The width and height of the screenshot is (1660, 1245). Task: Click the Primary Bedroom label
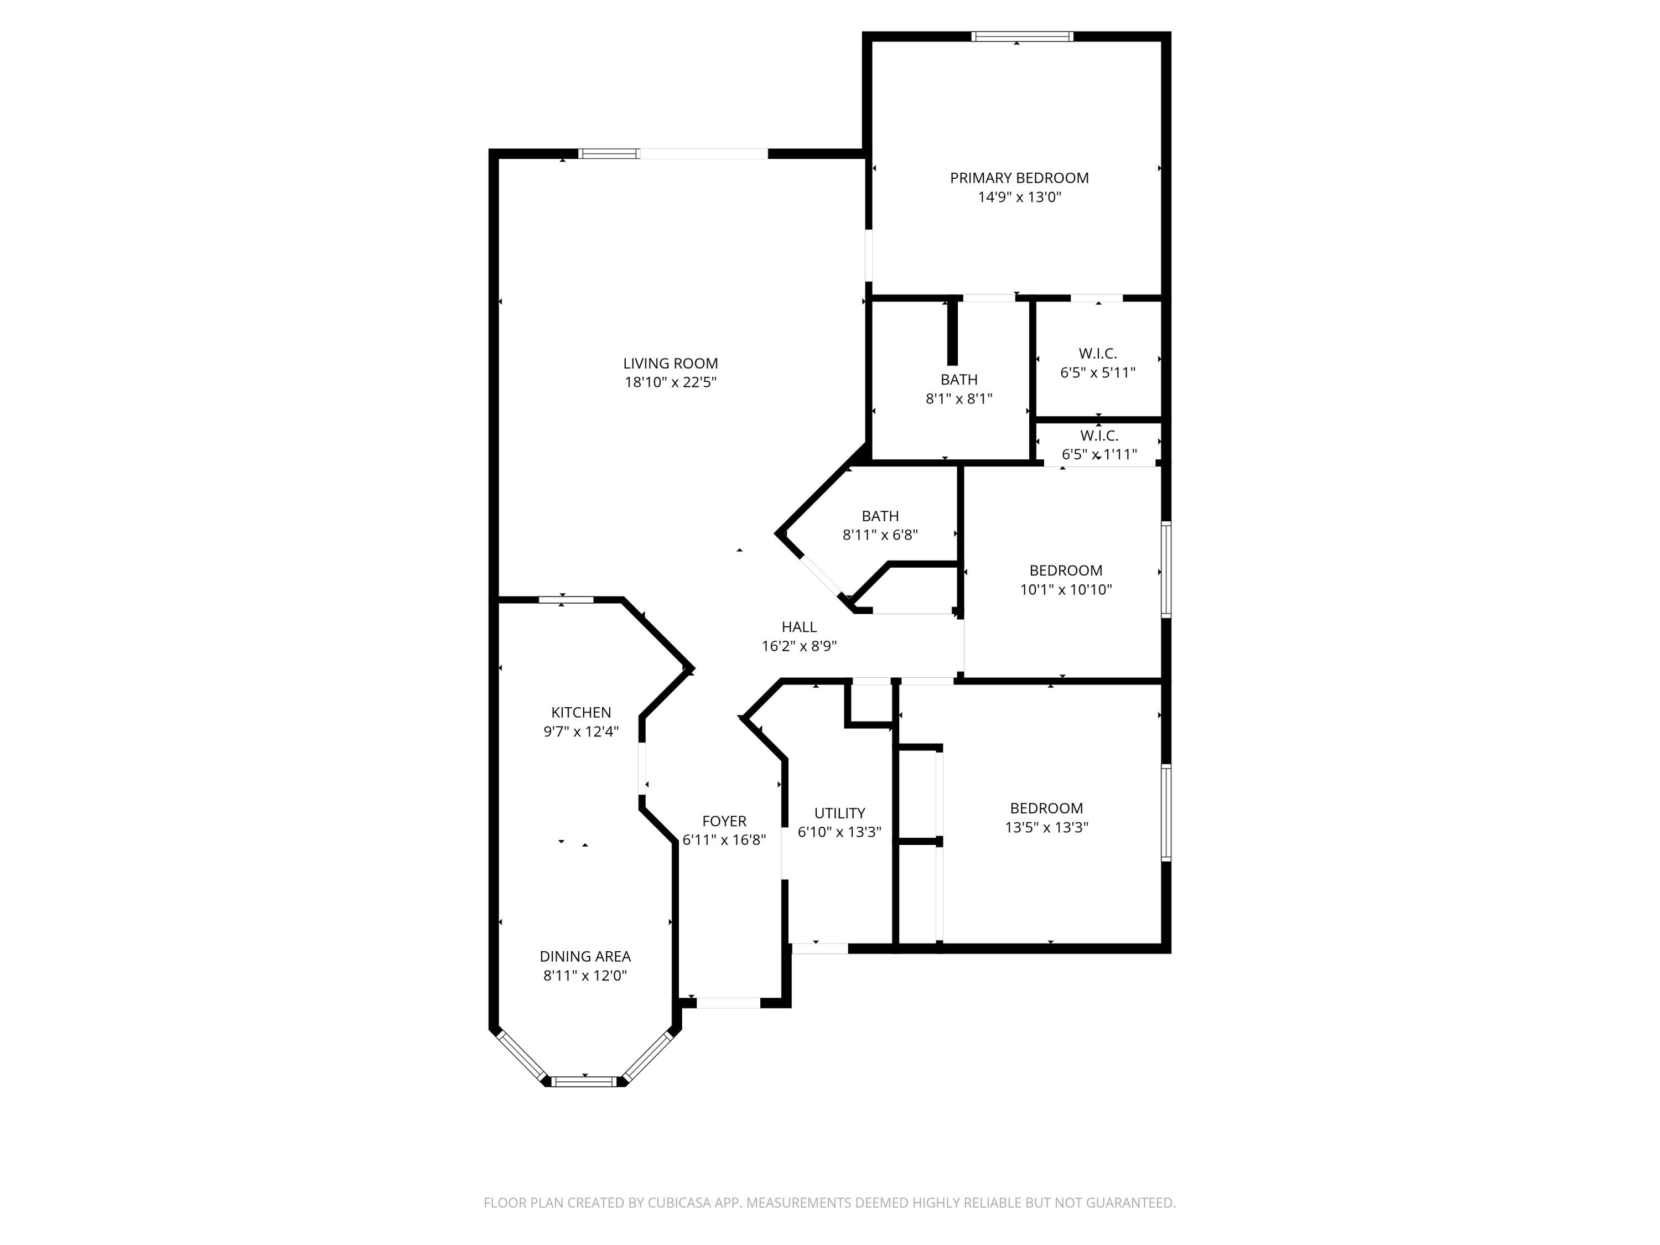tap(1019, 178)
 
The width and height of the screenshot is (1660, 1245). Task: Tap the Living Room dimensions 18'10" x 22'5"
tap(670, 382)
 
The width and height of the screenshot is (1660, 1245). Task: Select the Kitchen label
tap(581, 712)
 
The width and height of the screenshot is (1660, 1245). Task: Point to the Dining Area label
tap(585, 956)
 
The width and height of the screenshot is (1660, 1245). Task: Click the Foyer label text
tap(724, 821)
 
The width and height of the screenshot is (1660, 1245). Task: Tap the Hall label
tap(798, 626)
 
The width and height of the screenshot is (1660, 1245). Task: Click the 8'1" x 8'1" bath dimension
tap(958, 398)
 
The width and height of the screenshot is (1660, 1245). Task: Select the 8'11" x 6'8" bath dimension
tap(880, 535)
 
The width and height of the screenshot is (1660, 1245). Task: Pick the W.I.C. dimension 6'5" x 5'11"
tap(1097, 372)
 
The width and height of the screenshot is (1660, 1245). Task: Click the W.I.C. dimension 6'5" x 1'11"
tap(1099, 454)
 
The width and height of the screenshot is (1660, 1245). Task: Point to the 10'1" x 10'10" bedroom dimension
tap(1065, 589)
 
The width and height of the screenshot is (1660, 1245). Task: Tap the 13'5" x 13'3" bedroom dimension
tap(1046, 827)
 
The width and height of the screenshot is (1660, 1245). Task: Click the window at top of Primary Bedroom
tap(1021, 36)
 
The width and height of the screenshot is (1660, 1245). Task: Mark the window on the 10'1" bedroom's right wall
tap(1165, 569)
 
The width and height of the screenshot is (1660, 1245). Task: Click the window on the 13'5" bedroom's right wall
tap(1165, 812)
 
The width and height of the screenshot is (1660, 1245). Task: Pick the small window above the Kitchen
tap(566, 599)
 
